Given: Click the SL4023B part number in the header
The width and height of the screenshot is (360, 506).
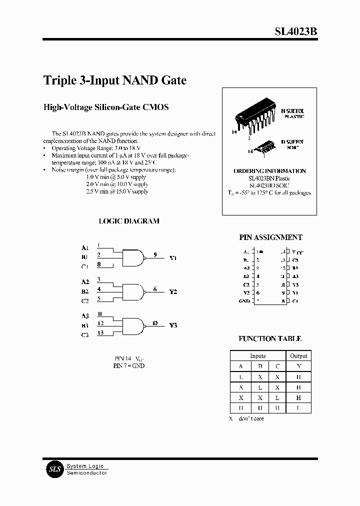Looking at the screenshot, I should pos(296,31).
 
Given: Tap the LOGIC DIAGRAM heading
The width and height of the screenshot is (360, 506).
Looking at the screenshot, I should pos(129,221).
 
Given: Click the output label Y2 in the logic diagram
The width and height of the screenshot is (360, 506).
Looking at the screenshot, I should pos(173,291).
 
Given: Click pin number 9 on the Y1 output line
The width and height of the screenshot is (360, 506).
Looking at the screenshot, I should pos(155,255).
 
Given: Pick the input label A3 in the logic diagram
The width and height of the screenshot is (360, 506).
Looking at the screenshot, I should pos(85,316).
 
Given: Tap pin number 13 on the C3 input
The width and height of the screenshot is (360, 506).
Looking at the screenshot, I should pos(100,332).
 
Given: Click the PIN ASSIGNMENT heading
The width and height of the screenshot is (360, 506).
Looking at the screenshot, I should pos(270,237).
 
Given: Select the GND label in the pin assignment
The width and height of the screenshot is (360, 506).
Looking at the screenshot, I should pos(244,301).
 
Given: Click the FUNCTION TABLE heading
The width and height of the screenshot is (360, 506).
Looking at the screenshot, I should pos(270,338).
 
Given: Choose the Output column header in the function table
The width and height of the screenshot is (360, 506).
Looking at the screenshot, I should pos(298,355).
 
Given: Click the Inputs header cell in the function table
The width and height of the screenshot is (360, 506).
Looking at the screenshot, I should pos(258,355).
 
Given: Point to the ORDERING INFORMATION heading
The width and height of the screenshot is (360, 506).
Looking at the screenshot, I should pos(269,171).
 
